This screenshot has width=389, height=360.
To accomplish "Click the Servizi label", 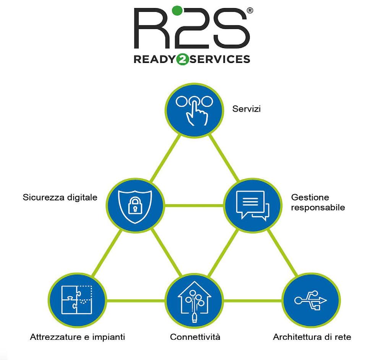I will pyautogui.click(x=246, y=109).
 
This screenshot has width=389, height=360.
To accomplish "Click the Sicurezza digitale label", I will pyautogui.click(x=60, y=197).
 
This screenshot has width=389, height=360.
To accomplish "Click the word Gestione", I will pyautogui.click(x=310, y=197).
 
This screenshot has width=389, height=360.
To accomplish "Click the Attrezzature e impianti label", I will pyautogui.click(x=78, y=337).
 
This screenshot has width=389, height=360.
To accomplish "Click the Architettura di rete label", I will pyautogui.click(x=312, y=337).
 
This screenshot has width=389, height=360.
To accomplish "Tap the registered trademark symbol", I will pyautogui.click(x=250, y=11).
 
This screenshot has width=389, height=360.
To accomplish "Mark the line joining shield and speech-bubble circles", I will pyautogui.click(x=193, y=205).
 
